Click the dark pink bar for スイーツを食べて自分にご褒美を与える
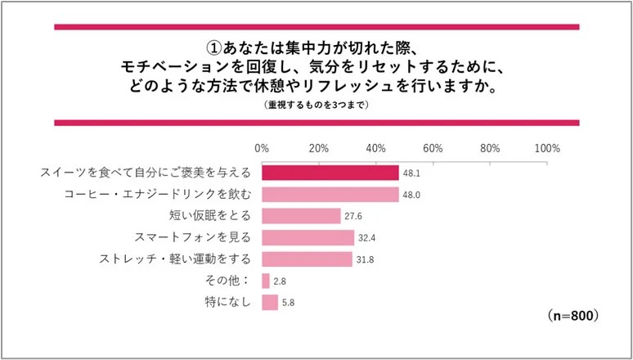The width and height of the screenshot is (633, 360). click(x=330, y=173)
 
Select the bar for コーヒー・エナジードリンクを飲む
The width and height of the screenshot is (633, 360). click(x=330, y=194)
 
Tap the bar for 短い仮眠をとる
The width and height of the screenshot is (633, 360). click(x=301, y=216)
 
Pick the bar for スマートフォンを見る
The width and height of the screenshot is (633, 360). click(x=308, y=237)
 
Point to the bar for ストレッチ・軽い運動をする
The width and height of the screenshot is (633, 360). click(x=307, y=259)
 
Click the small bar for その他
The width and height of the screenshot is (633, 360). click(x=265, y=281)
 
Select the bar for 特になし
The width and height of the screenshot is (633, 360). click(x=270, y=303)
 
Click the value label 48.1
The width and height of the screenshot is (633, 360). click(x=411, y=173)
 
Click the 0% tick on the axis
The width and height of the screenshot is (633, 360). click(x=262, y=149)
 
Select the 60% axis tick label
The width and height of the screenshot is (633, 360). click(x=433, y=149)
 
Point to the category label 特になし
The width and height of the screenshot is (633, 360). click(x=229, y=303)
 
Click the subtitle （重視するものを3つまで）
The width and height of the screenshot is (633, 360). click(x=316, y=105)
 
